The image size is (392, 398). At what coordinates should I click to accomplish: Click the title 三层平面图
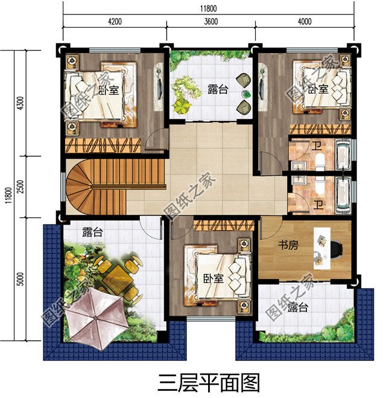click(x=208, y=382)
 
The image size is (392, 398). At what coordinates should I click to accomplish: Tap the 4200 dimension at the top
click(x=115, y=22)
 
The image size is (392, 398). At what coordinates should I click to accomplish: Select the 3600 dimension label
click(x=210, y=22)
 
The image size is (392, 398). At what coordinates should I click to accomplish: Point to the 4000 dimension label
click(x=305, y=22)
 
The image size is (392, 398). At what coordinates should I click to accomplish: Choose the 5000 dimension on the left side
click(x=21, y=278)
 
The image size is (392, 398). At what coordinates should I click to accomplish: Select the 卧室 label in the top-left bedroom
click(x=109, y=90)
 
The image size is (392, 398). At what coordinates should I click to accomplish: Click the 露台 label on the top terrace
click(x=218, y=90)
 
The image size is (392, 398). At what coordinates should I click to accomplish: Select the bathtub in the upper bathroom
click(x=342, y=155)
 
